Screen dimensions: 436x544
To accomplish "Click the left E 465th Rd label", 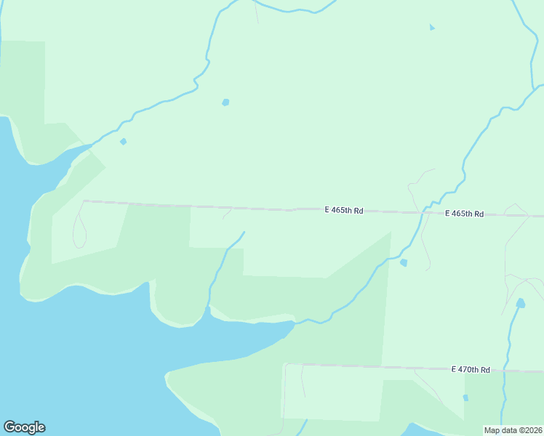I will pos(344,210).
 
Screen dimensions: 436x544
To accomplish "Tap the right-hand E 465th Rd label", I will pos(465,214).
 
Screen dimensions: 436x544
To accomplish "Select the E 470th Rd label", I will pos(471,369).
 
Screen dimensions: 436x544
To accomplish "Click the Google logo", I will pos(24,427).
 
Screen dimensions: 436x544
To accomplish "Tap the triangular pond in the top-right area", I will pos(432,28).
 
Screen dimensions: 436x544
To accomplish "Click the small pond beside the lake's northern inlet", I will pos(123,141).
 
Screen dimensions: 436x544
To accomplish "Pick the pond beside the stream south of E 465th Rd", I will pos(404,262).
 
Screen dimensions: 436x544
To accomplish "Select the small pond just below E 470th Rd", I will pos(466,397).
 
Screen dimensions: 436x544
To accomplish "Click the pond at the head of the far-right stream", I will pos(520,302).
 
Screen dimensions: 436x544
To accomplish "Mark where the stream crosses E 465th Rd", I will pos(422,213).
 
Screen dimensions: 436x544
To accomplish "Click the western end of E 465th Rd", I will pos(84,201).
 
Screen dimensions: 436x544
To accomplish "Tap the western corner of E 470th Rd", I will pos(286,365).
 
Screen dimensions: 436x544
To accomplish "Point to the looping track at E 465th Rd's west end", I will pos(77,229).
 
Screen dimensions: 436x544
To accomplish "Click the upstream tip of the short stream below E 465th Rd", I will pos(244,233).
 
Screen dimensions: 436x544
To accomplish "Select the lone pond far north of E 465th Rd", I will pos(225,102).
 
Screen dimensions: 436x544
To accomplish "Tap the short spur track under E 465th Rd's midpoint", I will pos(227,214).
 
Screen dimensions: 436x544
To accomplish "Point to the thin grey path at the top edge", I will pos(255,11).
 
